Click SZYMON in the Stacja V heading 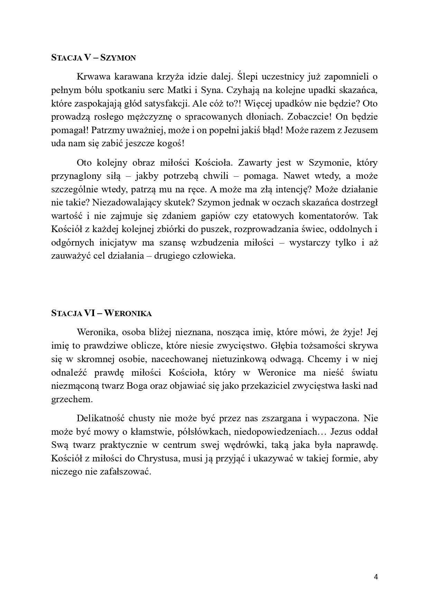118,58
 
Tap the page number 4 376,577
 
